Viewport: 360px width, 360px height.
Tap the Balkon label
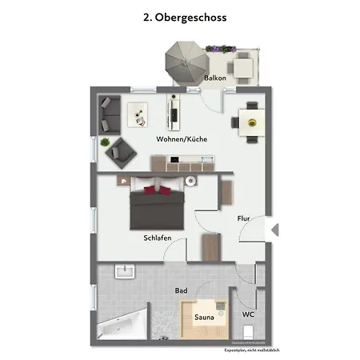pyautogui.click(x=214, y=78)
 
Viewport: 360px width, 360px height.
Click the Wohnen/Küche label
pyautogui.click(x=182, y=139)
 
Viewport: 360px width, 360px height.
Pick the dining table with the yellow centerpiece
pyautogui.click(x=251, y=122)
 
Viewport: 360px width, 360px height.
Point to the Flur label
pyautogui.click(x=243, y=218)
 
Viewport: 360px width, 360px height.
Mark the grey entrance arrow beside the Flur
pyautogui.click(x=274, y=230)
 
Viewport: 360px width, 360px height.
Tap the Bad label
pyautogui.click(x=181, y=290)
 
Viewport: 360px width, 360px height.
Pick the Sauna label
pyautogui.click(x=204, y=318)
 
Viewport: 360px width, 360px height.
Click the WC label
pyautogui.click(x=248, y=314)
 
